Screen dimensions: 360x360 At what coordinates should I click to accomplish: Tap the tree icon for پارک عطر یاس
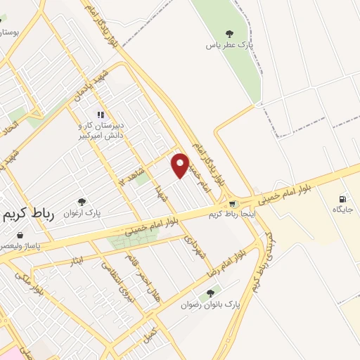(229, 33)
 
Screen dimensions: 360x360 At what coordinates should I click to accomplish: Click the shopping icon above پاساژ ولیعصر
(20, 236)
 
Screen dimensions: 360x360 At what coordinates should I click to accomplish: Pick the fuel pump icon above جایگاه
(343, 199)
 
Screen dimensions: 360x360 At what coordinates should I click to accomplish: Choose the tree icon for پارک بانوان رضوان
(210, 294)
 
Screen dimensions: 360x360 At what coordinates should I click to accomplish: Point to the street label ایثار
(76, 262)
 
